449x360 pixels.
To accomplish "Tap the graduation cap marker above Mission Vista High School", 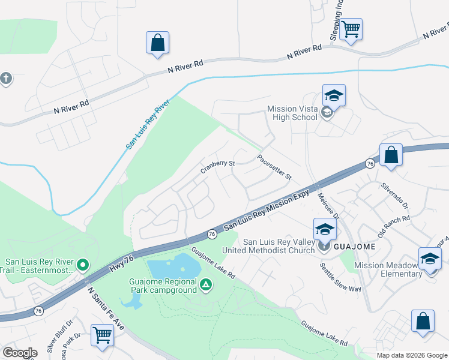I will tap(334, 95).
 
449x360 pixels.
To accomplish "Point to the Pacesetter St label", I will tap(274, 167).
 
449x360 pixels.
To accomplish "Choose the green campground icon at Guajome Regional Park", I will tap(206, 284).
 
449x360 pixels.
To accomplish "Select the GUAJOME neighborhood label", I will tap(354, 247).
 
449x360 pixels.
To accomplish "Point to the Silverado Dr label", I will tap(395, 196).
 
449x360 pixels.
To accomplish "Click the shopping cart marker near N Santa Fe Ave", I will tap(103, 335).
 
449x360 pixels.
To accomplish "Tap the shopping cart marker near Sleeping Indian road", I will tap(351, 28).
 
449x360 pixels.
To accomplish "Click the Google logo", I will tap(20, 353).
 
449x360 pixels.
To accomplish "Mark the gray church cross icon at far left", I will tap(6, 79).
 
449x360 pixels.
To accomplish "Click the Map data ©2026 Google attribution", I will tap(411, 355).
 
